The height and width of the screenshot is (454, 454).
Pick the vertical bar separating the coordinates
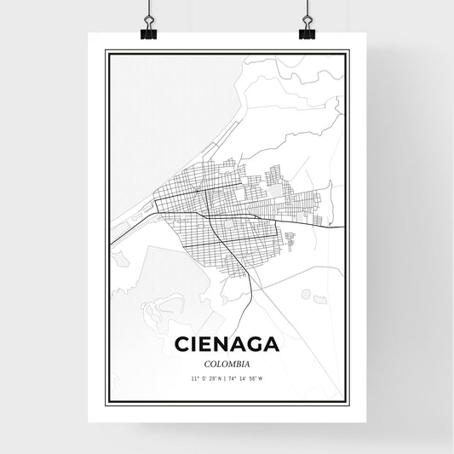[227, 376]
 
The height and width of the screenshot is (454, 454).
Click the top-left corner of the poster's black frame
[106, 52]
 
